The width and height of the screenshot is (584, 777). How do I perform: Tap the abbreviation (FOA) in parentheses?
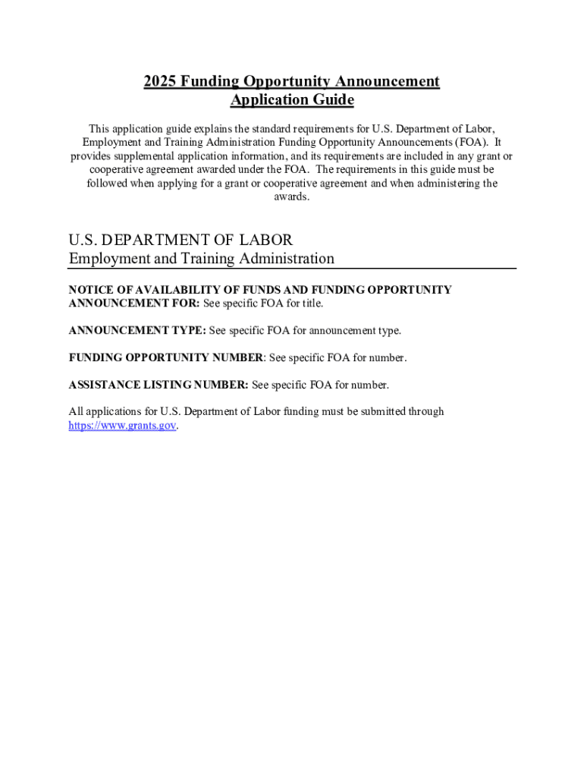(x=470, y=142)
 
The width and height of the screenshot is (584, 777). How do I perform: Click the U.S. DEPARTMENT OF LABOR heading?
(x=181, y=240)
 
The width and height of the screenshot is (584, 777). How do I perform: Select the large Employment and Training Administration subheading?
(x=201, y=259)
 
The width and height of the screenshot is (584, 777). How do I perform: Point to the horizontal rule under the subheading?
(x=292, y=269)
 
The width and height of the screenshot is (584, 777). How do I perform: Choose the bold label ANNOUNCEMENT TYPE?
(x=137, y=330)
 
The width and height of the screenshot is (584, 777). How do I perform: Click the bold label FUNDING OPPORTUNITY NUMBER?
(x=165, y=357)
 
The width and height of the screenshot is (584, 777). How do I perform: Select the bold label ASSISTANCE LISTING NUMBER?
(x=158, y=385)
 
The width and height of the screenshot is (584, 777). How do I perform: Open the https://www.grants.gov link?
(x=122, y=426)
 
